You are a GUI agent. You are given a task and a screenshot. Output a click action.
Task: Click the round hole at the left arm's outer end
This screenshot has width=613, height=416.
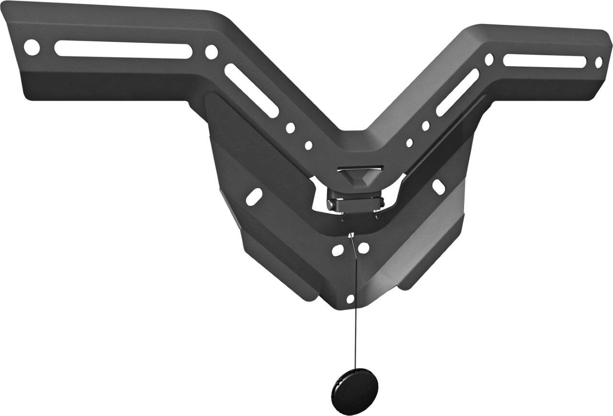[32, 47]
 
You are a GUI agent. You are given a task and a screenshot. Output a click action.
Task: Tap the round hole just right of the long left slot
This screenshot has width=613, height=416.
[211, 52]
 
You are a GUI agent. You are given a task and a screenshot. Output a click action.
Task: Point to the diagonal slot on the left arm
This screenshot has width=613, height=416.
[251, 90]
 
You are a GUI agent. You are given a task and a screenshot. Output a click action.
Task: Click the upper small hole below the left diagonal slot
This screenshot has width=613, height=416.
[290, 128]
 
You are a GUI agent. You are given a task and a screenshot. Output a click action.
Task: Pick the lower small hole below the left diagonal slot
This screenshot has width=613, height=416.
[308, 145]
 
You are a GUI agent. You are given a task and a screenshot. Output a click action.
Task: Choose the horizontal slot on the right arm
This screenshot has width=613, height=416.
[545, 60]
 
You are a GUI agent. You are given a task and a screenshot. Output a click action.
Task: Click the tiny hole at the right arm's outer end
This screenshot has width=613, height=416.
[599, 62]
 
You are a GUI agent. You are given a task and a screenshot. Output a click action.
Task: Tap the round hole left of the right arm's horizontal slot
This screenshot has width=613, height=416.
[489, 59]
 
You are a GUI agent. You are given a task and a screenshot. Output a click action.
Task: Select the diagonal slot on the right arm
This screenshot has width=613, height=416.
[457, 92]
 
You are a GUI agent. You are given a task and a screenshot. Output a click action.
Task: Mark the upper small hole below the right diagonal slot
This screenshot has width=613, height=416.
[426, 126]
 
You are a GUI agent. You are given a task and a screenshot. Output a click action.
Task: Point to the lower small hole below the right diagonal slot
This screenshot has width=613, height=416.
[409, 143]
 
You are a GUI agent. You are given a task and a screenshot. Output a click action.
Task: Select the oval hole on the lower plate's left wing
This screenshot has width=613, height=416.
[254, 195]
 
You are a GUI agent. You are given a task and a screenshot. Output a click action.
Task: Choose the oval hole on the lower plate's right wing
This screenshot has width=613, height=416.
[439, 187]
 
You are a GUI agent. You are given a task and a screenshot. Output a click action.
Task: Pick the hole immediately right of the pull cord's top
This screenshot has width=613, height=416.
[364, 248]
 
